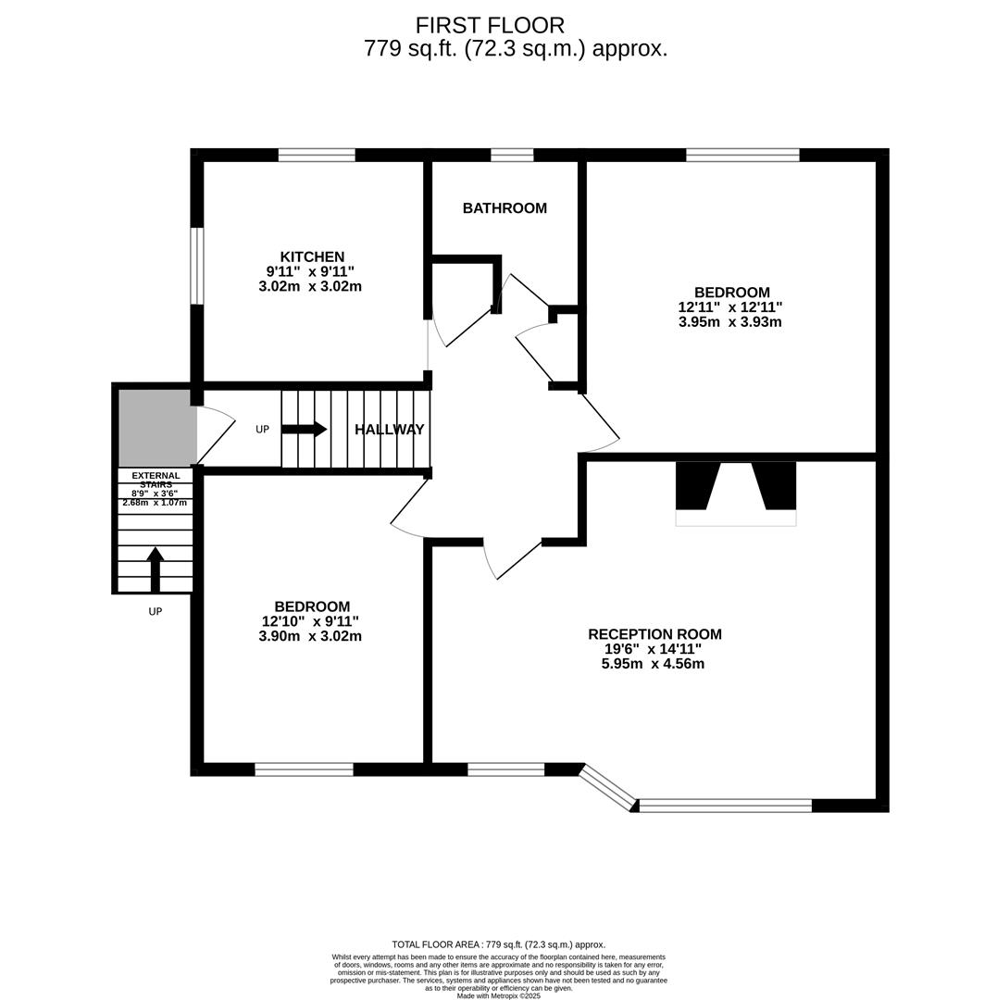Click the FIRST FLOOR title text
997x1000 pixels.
click(x=490, y=25)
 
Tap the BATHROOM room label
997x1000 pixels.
click(x=505, y=208)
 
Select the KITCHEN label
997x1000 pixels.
click(x=312, y=256)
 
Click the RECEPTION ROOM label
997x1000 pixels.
click(x=654, y=634)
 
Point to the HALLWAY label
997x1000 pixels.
click(x=390, y=430)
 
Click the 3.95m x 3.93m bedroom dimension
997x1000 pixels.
click(x=729, y=322)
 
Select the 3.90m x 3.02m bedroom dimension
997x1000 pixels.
click(x=310, y=636)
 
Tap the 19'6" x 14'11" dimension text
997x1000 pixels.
click(x=653, y=649)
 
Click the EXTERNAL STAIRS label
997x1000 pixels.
click(x=156, y=480)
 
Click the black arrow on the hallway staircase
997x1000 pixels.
click(x=305, y=429)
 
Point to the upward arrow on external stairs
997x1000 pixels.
click(x=156, y=568)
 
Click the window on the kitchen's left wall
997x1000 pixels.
click(x=196, y=266)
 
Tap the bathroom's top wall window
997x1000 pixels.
click(x=512, y=155)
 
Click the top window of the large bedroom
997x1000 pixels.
click(x=742, y=155)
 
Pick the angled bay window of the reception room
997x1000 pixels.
click(x=608, y=786)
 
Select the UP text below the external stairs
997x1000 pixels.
click(x=156, y=612)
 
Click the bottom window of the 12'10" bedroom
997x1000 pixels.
click(x=304, y=769)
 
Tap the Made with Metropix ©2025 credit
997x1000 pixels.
click(x=498, y=995)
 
